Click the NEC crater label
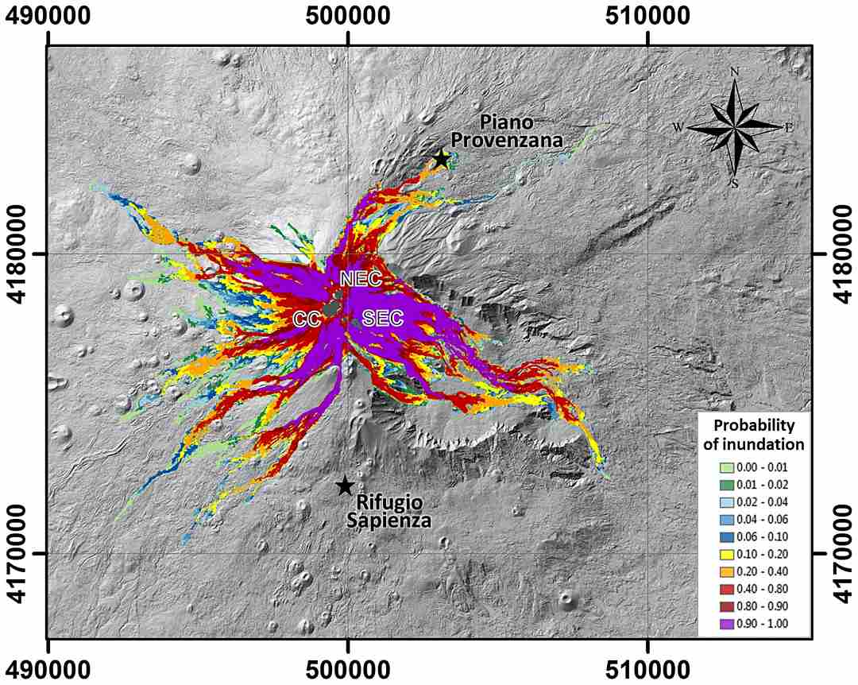click(361, 279)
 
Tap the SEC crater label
click(383, 319)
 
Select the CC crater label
click(307, 319)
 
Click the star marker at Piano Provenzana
click(442, 159)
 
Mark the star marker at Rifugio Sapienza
click(344, 486)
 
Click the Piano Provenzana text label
click(520, 132)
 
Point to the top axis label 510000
click(647, 17)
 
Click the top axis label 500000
click(347, 17)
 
